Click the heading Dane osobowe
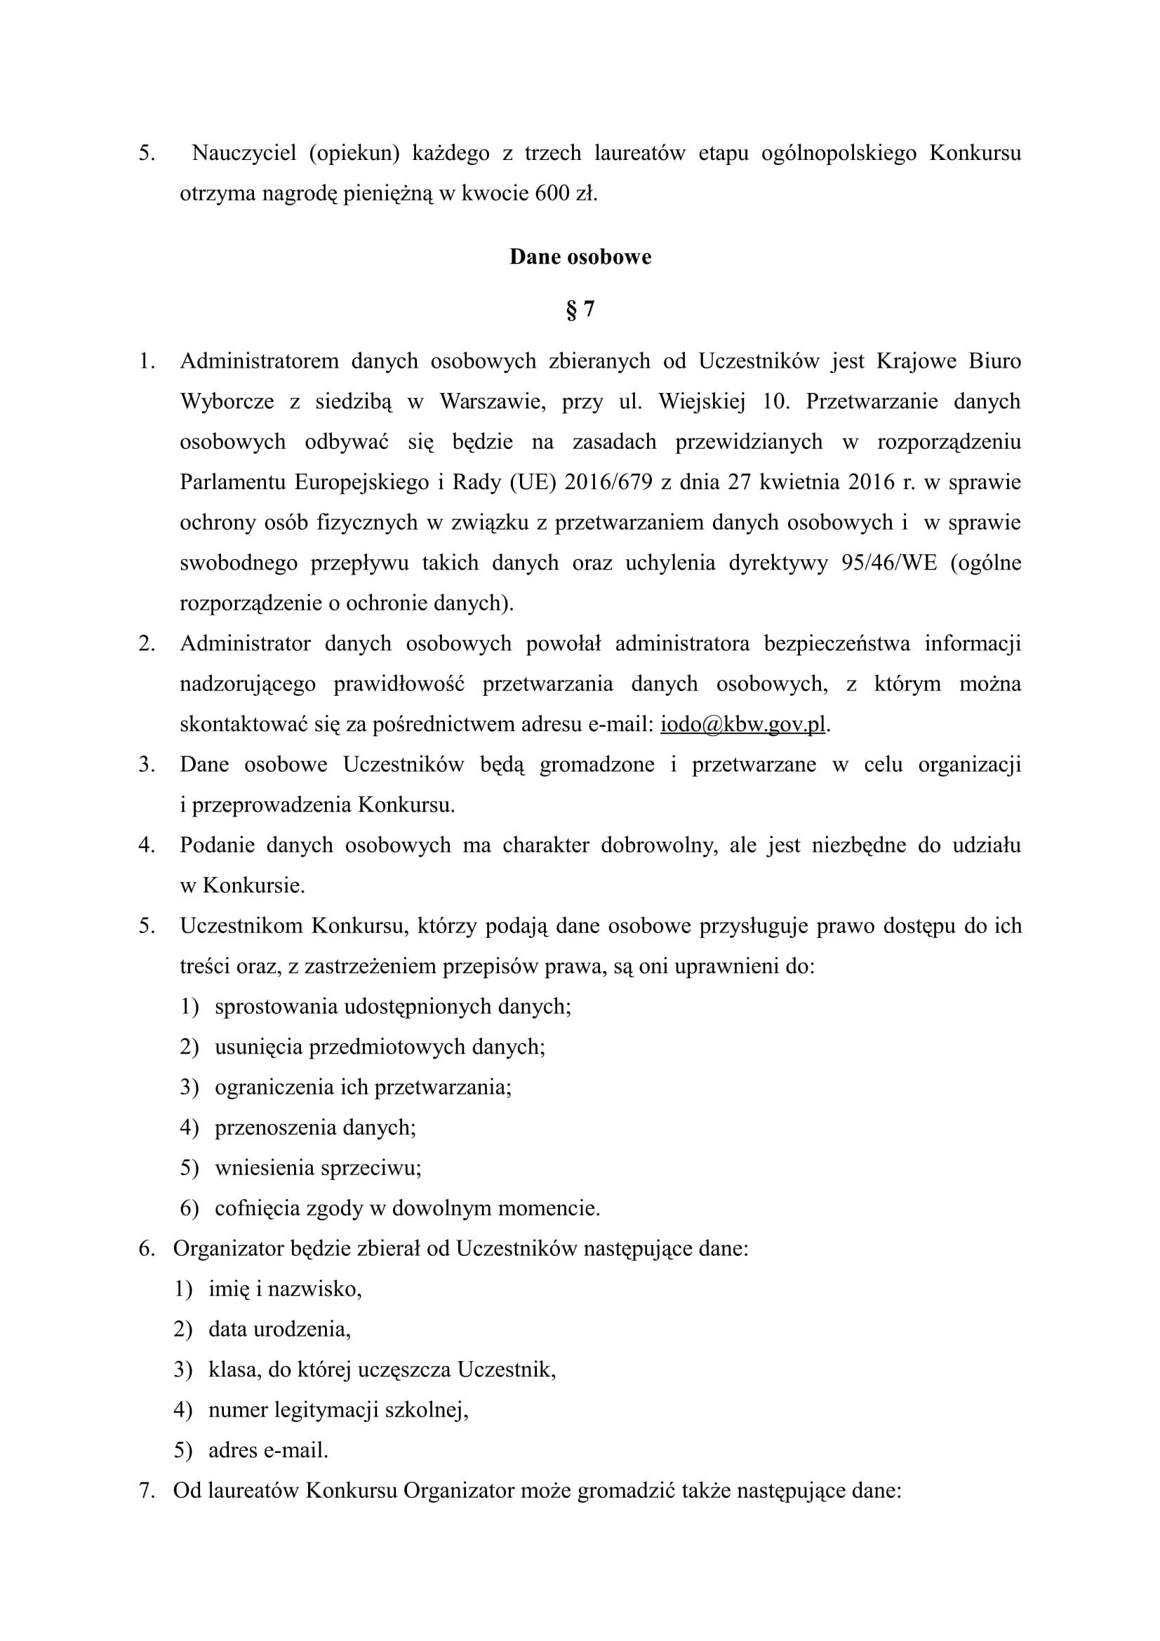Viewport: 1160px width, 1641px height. coord(580,257)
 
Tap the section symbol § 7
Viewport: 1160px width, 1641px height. coord(580,309)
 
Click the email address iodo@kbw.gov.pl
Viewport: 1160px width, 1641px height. coord(742,725)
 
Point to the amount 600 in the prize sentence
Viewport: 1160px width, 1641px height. coord(552,194)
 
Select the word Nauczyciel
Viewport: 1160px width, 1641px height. coord(244,154)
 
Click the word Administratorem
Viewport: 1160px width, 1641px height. coord(259,361)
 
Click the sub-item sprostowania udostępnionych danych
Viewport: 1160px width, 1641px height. coord(392,1007)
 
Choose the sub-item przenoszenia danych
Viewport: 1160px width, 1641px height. coord(315,1128)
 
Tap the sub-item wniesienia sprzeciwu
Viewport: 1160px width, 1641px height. coord(318,1168)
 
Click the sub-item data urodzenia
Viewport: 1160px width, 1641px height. coord(279,1329)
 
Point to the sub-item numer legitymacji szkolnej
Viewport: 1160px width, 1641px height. coord(338,1410)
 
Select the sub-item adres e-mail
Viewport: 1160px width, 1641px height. coord(268,1450)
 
